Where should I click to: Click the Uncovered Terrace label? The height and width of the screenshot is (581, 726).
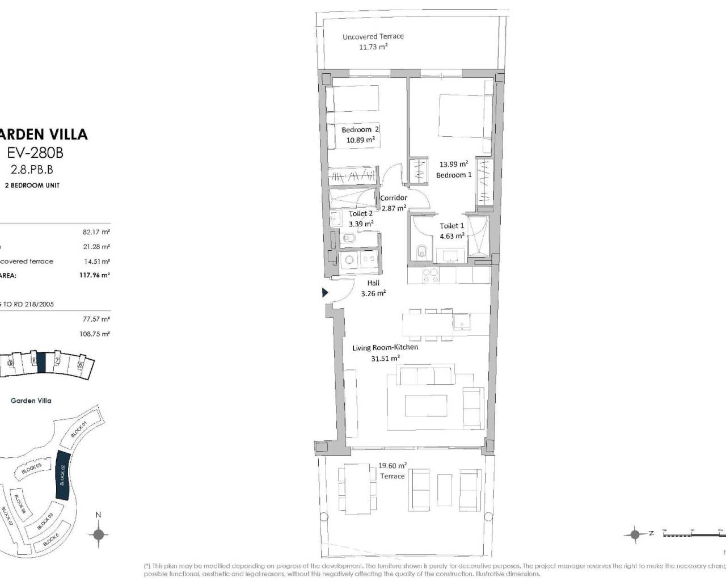tap(373, 36)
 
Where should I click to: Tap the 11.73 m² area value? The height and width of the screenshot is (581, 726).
tap(373, 47)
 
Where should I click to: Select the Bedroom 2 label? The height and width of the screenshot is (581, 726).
tap(360, 130)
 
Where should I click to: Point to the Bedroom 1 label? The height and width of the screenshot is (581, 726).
tap(454, 175)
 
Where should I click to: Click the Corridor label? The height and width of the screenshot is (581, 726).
tap(394, 198)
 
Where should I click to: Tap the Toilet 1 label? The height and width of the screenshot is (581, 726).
tap(452, 226)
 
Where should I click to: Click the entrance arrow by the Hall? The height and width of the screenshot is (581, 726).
tap(325, 293)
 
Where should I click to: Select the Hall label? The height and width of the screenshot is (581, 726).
tap(373, 283)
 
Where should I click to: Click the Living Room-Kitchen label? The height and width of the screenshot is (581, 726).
tap(385, 347)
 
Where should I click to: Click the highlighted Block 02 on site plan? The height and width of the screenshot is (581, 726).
tap(63, 475)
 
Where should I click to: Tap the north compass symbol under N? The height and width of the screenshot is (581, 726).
tap(99, 534)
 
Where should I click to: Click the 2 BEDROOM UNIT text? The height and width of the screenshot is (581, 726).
tap(32, 186)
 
